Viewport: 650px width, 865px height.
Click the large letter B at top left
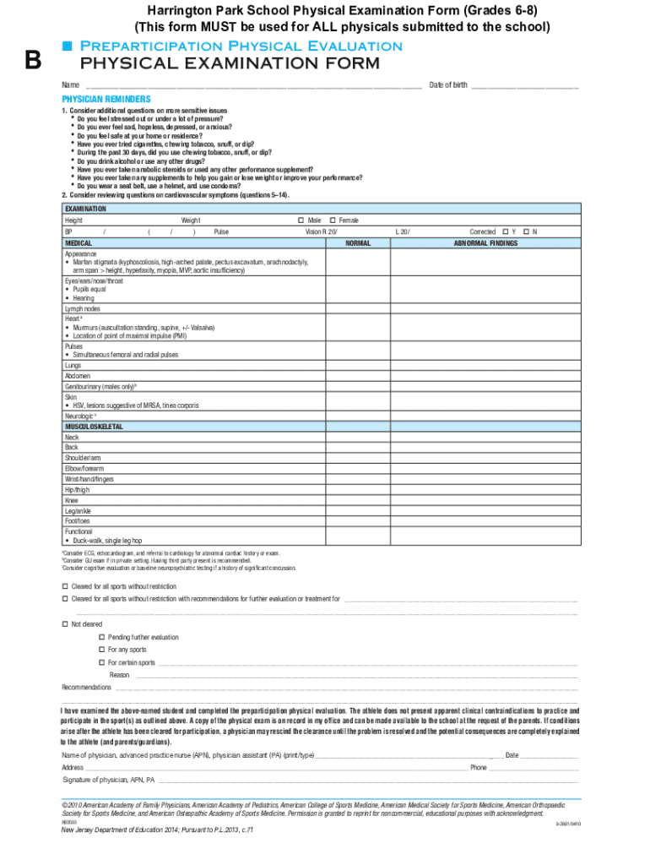click(x=33, y=60)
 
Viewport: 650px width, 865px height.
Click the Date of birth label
click(x=447, y=85)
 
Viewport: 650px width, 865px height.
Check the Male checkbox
click(x=301, y=220)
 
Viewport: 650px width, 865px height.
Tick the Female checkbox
click(x=333, y=220)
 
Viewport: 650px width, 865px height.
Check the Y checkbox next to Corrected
click(x=505, y=231)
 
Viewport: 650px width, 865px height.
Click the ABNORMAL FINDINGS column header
click(x=486, y=243)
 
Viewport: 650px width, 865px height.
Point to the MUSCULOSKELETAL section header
click(x=94, y=427)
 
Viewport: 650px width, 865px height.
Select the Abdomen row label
click(x=78, y=376)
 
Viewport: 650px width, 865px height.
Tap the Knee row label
click(x=72, y=500)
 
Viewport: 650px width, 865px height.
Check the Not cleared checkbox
click(x=66, y=623)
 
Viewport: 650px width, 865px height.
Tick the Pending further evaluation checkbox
click(x=102, y=637)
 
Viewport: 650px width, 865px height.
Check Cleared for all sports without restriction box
click(x=66, y=586)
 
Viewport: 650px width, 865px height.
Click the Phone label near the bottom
click(x=479, y=768)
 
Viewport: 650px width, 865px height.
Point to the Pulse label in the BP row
click(x=221, y=231)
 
